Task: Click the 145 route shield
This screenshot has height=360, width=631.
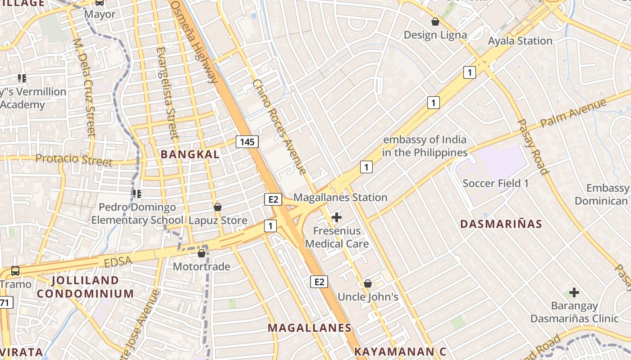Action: coord(247,142)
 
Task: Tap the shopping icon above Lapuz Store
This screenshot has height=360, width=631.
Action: coord(218,207)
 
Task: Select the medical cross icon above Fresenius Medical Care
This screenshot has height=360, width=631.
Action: coord(336,218)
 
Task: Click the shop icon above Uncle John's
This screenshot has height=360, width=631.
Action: coord(368,283)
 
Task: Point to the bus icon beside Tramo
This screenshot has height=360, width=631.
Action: coord(15,271)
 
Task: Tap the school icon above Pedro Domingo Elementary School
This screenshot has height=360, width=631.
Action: coord(137,194)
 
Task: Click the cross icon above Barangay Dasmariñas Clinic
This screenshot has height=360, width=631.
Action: coord(574,293)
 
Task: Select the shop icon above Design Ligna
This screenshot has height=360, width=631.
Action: coord(435,22)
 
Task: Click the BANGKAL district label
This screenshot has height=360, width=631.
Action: coord(190,154)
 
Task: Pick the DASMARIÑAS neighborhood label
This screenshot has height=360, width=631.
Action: coord(501,224)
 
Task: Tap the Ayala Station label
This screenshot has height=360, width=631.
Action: coord(520,41)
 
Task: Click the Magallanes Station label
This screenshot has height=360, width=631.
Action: coord(340,198)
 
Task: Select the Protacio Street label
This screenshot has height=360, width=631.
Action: coord(74,159)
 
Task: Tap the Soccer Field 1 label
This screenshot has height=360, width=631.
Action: coord(496,184)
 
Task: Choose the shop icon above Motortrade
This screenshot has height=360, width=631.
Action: coord(201,254)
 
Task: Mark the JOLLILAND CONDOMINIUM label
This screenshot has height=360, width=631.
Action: coord(85,287)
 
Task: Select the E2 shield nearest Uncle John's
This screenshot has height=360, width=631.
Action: coord(319,282)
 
